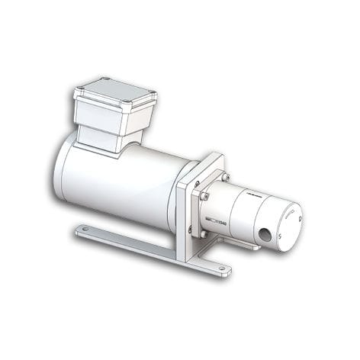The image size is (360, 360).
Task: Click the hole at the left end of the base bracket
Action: [x=85, y=228]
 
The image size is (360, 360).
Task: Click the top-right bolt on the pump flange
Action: [x=225, y=177]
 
